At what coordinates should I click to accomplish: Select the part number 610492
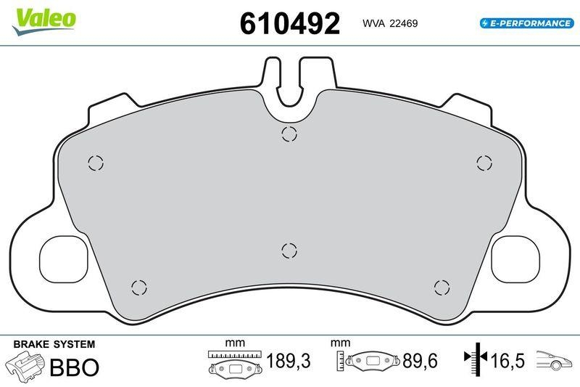[289, 24]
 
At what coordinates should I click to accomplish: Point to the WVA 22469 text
[389, 23]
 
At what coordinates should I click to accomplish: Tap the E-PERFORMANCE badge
[526, 23]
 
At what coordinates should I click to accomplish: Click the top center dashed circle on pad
[289, 134]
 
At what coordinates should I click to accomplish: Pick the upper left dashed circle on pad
[96, 163]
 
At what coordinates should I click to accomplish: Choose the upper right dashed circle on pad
[483, 163]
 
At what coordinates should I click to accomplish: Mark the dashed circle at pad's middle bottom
[289, 250]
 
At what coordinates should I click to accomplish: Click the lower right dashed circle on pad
[441, 286]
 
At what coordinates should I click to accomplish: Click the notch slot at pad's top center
[289, 83]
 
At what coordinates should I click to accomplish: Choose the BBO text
[74, 367]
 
